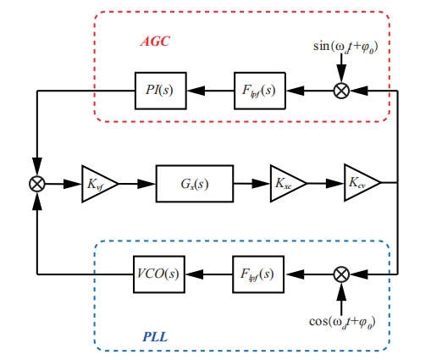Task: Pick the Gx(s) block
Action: pos(194,182)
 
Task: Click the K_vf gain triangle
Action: pos(97,182)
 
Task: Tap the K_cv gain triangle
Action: pos(358,182)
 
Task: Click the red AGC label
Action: pos(155,41)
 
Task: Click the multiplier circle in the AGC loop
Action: pos(341,89)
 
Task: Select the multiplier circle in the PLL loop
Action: pos(341,274)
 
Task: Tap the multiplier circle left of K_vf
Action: pos(37,182)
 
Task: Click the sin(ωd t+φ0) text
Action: pos(344,40)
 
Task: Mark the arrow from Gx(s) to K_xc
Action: pos(251,182)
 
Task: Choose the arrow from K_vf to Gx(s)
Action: pos(138,182)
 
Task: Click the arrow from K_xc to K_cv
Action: pos(322,182)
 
